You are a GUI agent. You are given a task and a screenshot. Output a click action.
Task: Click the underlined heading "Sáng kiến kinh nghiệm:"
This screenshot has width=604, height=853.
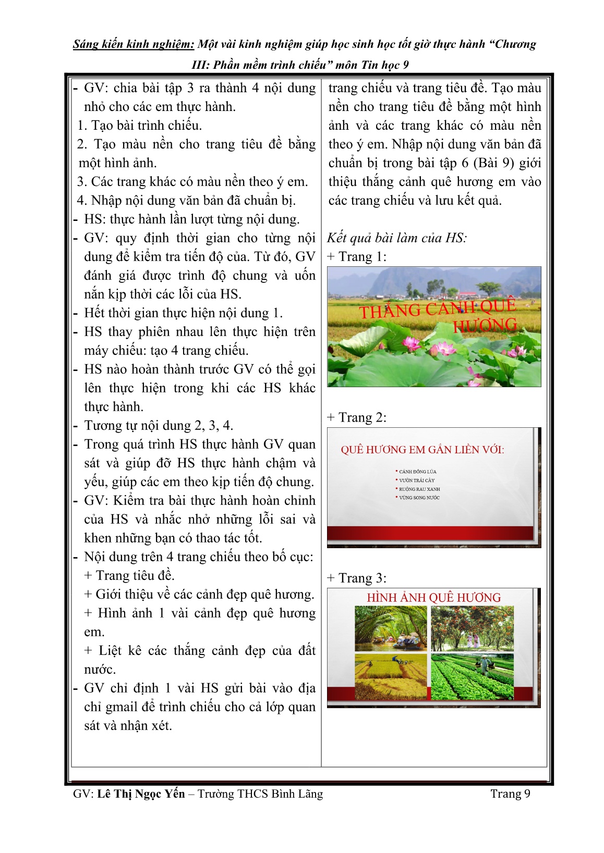(x=134, y=44)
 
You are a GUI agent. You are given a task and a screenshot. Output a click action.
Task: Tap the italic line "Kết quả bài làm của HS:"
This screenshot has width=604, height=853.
(x=397, y=238)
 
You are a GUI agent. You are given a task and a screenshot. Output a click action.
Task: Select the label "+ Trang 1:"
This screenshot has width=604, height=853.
(x=357, y=256)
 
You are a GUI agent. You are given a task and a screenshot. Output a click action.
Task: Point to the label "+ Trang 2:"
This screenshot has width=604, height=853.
(x=357, y=417)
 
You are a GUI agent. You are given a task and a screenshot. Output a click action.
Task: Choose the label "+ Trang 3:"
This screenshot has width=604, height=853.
(x=357, y=578)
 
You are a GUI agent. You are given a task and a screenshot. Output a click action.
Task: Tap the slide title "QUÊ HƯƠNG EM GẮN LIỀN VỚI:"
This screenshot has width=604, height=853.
(x=422, y=450)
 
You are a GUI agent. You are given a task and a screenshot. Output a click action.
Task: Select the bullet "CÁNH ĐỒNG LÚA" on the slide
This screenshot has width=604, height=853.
(x=417, y=472)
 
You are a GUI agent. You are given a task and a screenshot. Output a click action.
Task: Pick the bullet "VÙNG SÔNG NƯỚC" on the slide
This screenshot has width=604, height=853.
(x=419, y=498)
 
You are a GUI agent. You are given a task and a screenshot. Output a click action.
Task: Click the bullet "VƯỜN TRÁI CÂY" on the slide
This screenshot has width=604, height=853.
(x=416, y=480)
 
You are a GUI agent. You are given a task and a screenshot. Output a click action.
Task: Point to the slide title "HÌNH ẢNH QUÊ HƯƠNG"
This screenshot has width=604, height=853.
(x=433, y=598)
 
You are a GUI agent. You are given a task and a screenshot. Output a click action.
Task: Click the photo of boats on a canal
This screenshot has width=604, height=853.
(x=391, y=628)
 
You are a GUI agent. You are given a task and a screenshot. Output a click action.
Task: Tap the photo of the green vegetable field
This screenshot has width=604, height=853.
(x=472, y=677)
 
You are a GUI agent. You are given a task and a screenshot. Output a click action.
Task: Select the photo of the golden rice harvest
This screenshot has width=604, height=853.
(x=391, y=677)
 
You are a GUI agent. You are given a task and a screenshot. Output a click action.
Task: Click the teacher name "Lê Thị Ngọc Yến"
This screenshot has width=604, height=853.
(x=141, y=794)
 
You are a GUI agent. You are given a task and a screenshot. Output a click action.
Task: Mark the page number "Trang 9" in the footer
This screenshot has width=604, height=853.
(x=510, y=794)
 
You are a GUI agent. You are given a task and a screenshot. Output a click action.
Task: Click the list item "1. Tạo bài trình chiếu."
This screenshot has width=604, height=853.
(x=139, y=126)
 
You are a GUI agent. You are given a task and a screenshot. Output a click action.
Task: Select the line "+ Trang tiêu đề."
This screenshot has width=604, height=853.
(x=129, y=576)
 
